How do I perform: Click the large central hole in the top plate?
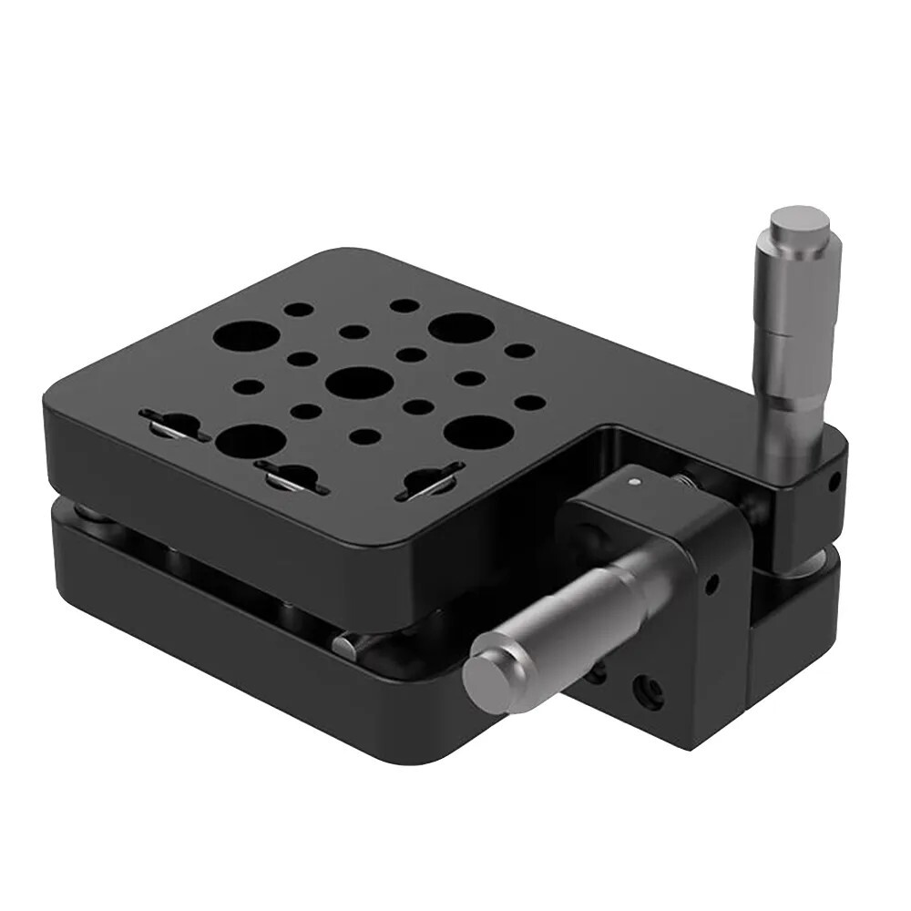click(x=359, y=383)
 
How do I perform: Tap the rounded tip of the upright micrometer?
click(x=797, y=220)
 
